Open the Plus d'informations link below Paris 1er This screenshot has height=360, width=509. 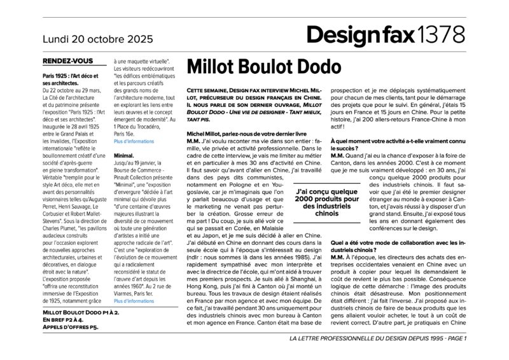(x=134, y=301)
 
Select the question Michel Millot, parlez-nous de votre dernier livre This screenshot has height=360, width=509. (x=247, y=134)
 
